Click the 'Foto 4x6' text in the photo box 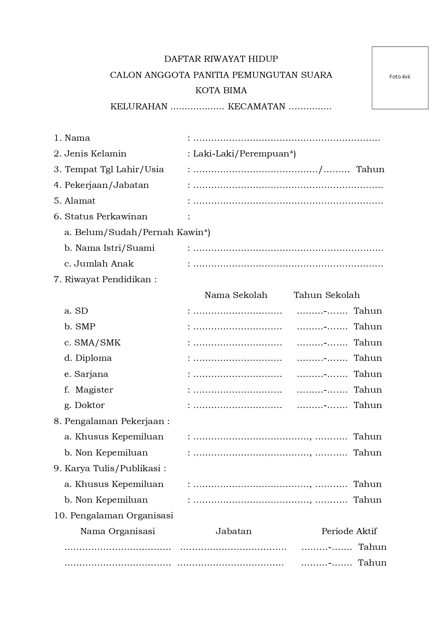point(399,77)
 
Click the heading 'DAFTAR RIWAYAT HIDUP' point(221,59)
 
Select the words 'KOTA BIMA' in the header point(221,90)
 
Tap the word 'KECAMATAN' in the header point(256,106)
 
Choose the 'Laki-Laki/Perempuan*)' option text point(244,154)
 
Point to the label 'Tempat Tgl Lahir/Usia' point(114,169)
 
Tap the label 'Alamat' point(80,201)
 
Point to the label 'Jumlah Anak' point(104,264)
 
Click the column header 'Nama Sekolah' point(236,295)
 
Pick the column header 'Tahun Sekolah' point(326,295)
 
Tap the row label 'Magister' point(94,390)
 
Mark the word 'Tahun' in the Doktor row point(368,405)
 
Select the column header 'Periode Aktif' point(349,531)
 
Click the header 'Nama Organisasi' point(117,531)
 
